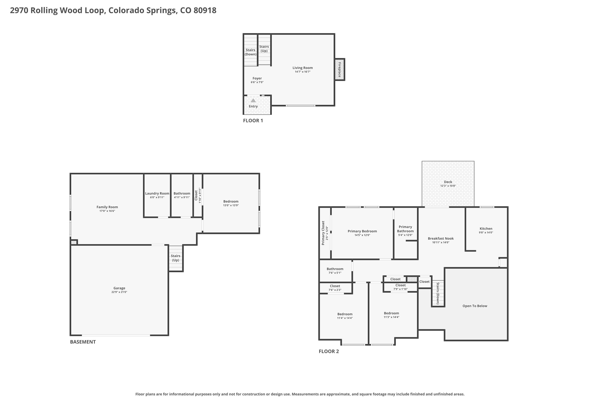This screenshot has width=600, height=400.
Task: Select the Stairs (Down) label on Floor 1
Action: (x=251, y=52)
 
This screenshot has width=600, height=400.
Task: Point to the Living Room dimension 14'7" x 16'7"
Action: (x=303, y=72)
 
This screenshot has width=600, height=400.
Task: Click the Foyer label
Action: (x=257, y=78)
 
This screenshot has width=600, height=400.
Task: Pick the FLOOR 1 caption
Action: (x=253, y=121)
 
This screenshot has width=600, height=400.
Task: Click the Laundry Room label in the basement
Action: (x=157, y=193)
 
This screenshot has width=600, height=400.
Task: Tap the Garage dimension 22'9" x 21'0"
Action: (x=119, y=292)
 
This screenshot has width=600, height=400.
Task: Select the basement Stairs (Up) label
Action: (x=176, y=258)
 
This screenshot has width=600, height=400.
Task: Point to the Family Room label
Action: (x=107, y=207)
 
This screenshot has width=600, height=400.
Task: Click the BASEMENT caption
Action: (x=83, y=342)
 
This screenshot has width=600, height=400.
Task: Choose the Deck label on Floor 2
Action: (x=448, y=182)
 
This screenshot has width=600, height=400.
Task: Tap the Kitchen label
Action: (x=486, y=229)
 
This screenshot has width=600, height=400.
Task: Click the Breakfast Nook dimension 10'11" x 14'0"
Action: (x=441, y=242)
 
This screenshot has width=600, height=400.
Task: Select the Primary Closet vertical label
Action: (x=323, y=233)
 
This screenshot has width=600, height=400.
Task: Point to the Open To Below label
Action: (x=475, y=306)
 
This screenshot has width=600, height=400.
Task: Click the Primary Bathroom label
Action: (x=405, y=229)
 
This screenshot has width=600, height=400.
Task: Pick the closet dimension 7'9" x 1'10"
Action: (x=401, y=289)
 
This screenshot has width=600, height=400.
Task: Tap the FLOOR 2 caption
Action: (x=329, y=351)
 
